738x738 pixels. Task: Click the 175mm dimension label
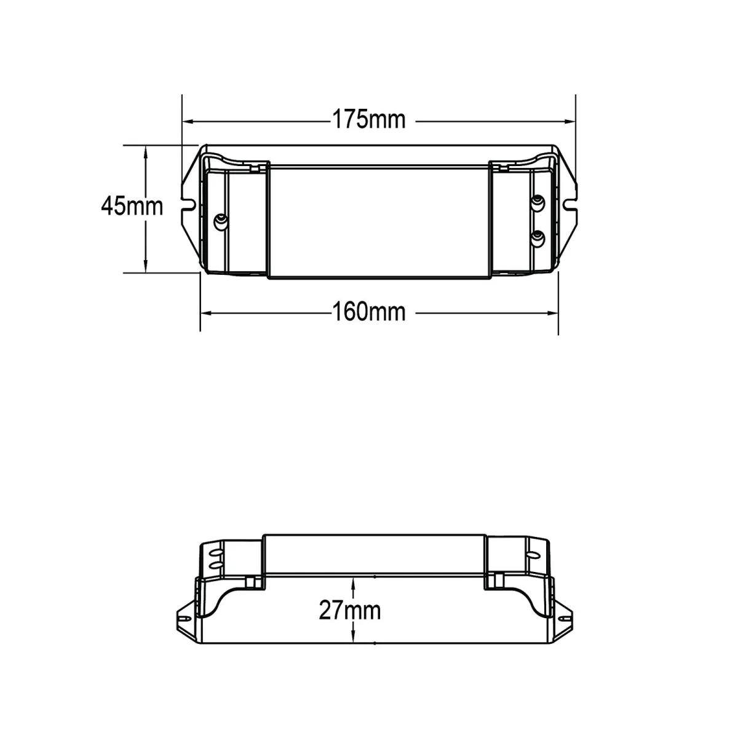click(368, 120)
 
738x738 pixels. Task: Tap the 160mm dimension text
click(368, 312)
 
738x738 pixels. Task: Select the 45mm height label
click(132, 207)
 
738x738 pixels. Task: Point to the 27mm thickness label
click(350, 611)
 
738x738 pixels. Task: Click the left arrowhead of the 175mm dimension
click(188, 122)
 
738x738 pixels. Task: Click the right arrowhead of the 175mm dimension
click(570, 122)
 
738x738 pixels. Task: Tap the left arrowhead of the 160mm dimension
click(205, 313)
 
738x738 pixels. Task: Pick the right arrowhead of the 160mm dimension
click(553, 313)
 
